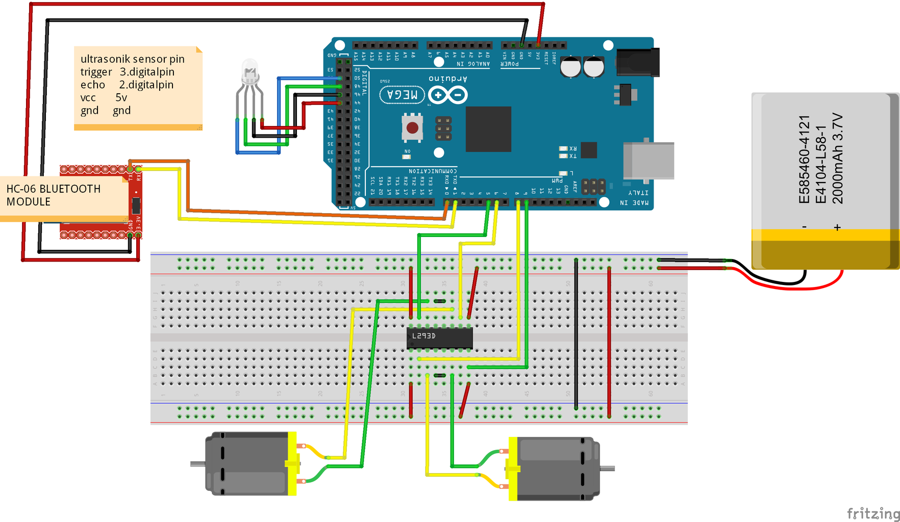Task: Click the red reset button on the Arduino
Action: tap(412, 127)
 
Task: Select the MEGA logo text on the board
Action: tap(402, 95)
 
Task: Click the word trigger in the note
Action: tap(96, 72)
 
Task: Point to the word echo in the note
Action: tap(92, 85)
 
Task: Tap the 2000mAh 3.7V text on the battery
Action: tap(837, 159)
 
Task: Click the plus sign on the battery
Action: tap(837, 228)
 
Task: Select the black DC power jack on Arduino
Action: tap(638, 62)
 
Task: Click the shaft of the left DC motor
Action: tap(197, 464)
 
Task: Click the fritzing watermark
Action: tap(873, 513)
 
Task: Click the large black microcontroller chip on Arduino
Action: tap(488, 129)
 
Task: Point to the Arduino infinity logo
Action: tap(447, 95)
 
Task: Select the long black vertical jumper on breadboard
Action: tap(576, 334)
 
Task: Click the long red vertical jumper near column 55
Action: tap(609, 342)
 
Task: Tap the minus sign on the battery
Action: tap(805, 227)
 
